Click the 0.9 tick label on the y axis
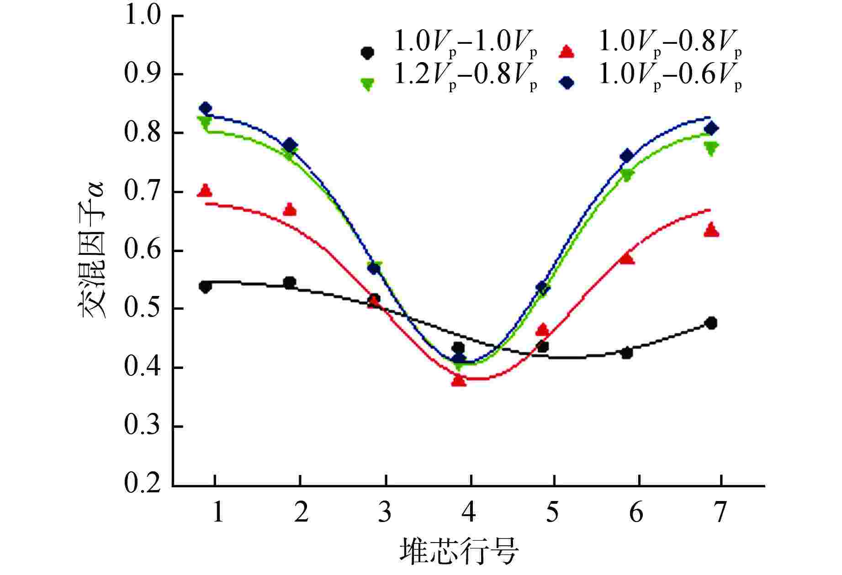(x=143, y=75)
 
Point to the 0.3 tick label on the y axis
(x=143, y=427)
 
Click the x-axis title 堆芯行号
(x=460, y=552)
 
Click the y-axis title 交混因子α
(x=94, y=250)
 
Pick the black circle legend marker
(x=367, y=53)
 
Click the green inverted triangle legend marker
(x=367, y=84)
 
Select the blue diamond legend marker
(x=567, y=83)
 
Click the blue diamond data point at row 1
(x=206, y=108)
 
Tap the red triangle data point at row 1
(x=206, y=190)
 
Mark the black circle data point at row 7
(x=711, y=323)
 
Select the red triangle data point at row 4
(x=459, y=380)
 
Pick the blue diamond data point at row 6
(x=627, y=156)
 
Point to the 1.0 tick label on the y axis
(x=143, y=16)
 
